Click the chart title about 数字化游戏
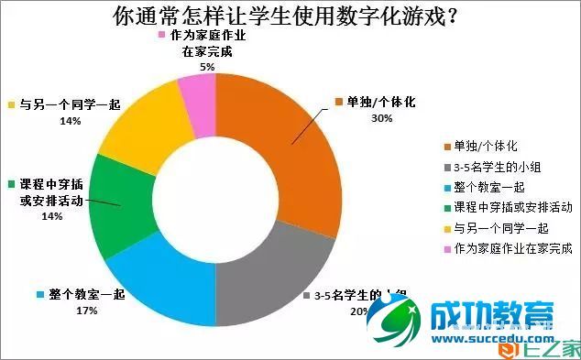[x=285, y=17]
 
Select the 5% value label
[x=207, y=67]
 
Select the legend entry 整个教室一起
[x=487, y=187]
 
